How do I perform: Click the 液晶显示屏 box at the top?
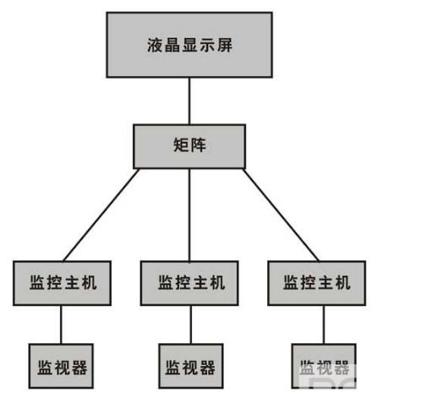coord(189,45)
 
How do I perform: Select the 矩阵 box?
coord(189,146)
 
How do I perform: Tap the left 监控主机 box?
coord(62,283)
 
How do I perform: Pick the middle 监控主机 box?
coord(189,283)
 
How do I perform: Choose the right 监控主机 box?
coord(317,283)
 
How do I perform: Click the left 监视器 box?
coord(61,366)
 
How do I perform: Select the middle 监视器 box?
coord(191,366)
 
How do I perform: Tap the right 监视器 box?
coord(324,366)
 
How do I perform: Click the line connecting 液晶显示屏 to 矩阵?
coord(189,101)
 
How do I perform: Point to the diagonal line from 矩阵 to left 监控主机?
coord(101,215)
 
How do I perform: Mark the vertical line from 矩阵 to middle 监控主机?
coord(189,215)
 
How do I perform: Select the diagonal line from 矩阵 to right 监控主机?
coord(281,215)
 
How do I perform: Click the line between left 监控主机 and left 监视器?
coord(61,324)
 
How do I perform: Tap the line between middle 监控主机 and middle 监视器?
coord(191,324)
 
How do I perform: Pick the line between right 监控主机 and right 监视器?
coord(324,324)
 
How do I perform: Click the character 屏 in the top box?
coord(225,45)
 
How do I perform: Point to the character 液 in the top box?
coord(155,45)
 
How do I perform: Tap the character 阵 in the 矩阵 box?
coord(199,145)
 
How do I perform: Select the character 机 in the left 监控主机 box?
coord(89,282)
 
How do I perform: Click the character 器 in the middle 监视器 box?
coord(207,368)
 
